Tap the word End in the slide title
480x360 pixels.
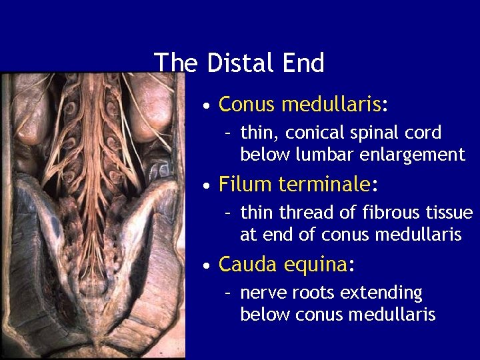[304, 63]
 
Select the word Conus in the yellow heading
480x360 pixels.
[247, 105]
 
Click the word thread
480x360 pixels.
[304, 213]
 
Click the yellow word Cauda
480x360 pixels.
[247, 265]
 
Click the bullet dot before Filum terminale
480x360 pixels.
[209, 185]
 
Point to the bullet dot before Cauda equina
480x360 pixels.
[209, 266]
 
